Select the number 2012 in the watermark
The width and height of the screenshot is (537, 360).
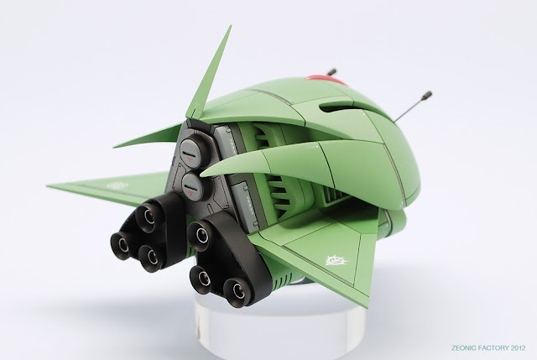pos(519,348)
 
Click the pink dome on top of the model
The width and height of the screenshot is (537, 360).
pos(326,81)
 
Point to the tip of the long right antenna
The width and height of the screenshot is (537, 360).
pos(428,94)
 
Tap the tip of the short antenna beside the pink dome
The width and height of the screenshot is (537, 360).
pos(331,72)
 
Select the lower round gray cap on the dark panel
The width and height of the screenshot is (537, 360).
pos(191,186)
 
